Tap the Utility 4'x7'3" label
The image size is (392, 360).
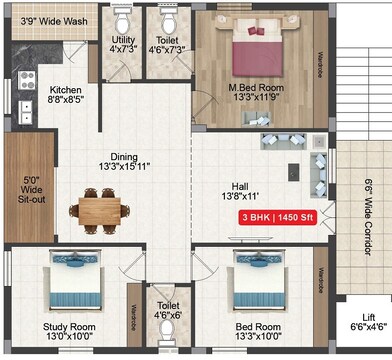pyautogui.click(x=122, y=44)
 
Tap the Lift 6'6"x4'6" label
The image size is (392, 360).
pyautogui.click(x=369, y=320)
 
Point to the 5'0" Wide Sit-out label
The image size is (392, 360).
pyautogui.click(x=32, y=191)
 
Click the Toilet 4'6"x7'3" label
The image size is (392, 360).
pyautogui.click(x=167, y=44)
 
